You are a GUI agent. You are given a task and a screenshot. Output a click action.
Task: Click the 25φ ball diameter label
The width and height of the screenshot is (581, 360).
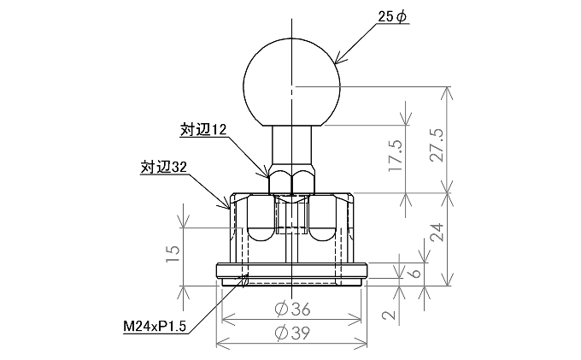click(x=392, y=16)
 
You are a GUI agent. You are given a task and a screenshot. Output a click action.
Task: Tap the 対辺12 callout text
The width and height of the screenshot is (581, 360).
click(x=203, y=130)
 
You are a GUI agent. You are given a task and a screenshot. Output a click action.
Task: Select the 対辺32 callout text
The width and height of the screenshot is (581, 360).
click(x=163, y=168)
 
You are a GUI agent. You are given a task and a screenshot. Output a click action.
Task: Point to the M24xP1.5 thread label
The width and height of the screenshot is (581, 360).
click(x=155, y=327)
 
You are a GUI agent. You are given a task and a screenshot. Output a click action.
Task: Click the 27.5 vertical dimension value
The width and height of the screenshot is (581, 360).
click(x=437, y=145)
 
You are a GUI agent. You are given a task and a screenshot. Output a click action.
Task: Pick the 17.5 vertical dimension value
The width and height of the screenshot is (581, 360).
click(x=396, y=156)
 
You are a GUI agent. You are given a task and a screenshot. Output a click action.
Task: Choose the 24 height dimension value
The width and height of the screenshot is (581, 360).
click(x=437, y=233)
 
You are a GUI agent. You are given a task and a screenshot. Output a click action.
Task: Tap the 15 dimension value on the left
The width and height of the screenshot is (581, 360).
click(x=173, y=254)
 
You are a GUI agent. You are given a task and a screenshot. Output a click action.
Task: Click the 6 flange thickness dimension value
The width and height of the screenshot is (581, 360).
click(x=416, y=273)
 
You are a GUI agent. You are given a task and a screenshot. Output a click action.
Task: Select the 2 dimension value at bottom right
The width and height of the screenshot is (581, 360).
click(x=389, y=316)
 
